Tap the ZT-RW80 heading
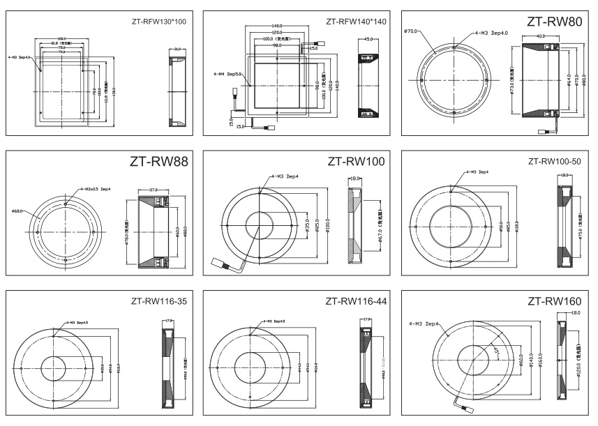click(x=554, y=22)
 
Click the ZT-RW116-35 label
click(x=160, y=301)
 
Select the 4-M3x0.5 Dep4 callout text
click(x=96, y=188)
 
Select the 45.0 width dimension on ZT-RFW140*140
click(x=368, y=40)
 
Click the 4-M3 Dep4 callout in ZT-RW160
click(x=424, y=324)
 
